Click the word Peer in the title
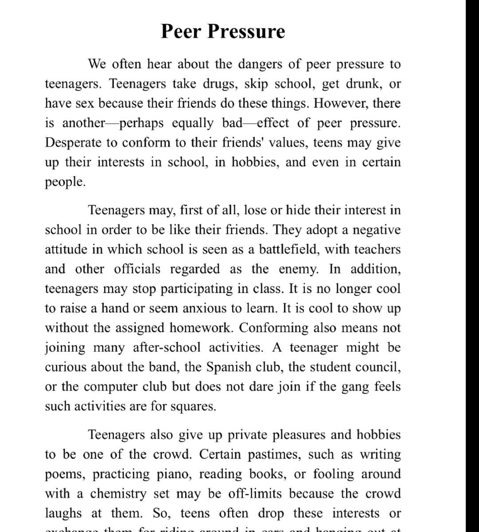182,31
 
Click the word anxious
204,308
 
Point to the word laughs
63,513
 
